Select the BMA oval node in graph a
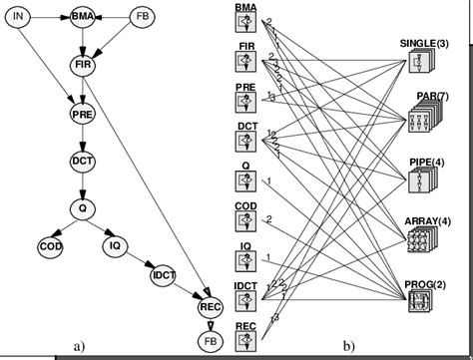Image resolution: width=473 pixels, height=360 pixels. pos(82,18)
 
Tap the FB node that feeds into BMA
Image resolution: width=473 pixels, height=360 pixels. pos(146,18)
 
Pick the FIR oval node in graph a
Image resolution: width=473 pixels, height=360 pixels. pos(82,64)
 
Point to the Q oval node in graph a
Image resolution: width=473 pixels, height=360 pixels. pos(82,207)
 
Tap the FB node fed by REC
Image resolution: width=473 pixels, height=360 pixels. pos(208,340)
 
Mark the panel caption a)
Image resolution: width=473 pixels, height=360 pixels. pos(79,346)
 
